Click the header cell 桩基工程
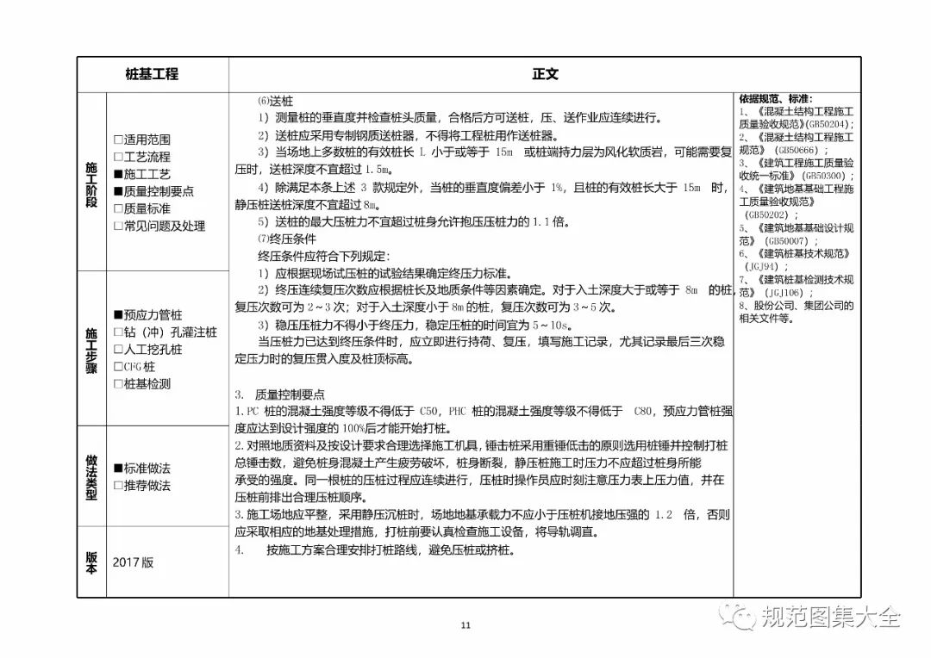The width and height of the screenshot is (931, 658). click(152, 75)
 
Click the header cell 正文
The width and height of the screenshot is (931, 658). click(545, 75)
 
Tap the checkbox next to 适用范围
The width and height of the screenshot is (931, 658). click(118, 140)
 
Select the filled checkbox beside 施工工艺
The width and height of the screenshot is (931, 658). click(118, 174)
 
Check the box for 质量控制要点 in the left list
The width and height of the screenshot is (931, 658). click(118, 191)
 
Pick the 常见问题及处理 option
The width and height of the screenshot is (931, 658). click(118, 226)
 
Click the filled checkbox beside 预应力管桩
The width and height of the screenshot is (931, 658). click(118, 315)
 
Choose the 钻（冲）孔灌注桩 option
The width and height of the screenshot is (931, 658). click(118, 332)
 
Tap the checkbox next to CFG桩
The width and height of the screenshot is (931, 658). click(118, 367)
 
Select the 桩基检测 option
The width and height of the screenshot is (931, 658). click(118, 384)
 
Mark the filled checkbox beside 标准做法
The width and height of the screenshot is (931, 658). click(118, 469)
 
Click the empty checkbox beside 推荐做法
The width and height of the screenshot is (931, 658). click(118, 486)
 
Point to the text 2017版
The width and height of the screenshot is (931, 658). click(133, 562)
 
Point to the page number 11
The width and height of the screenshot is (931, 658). click(465, 625)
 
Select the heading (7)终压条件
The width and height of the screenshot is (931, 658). click(276, 239)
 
